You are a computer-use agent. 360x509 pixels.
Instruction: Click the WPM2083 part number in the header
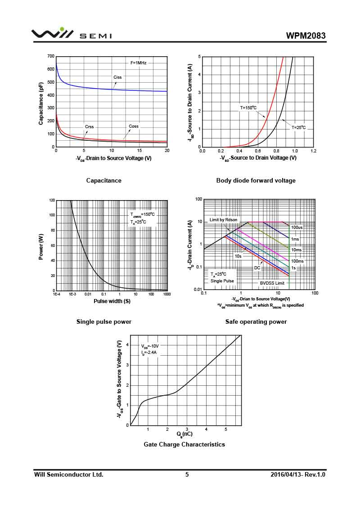click(x=306, y=36)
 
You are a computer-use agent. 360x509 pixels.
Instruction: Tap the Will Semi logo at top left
click(x=71, y=34)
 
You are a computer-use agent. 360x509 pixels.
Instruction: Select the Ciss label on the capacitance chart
click(x=117, y=77)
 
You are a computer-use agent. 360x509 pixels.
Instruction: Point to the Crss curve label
click(x=90, y=127)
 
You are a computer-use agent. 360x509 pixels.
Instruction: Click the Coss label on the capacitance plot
click(x=134, y=126)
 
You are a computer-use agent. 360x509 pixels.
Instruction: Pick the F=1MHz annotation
click(x=139, y=63)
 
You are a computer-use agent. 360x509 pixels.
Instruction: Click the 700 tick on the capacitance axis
click(x=51, y=57)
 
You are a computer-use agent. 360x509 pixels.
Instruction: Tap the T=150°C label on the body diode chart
click(x=248, y=108)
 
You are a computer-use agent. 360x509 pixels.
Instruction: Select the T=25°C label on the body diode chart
click(x=298, y=128)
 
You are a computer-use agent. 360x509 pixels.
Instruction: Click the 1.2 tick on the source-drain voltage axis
click(x=313, y=151)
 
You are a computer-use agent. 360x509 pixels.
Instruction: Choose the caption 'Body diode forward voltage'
click(x=256, y=180)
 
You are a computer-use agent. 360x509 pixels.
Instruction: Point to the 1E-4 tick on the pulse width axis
click(x=56, y=294)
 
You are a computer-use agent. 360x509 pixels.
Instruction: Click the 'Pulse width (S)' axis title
click(x=112, y=301)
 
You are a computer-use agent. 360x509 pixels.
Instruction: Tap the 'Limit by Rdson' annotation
click(x=223, y=220)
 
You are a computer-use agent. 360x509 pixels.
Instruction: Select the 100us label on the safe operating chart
click(x=297, y=228)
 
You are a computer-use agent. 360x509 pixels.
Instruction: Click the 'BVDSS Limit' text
click(x=272, y=283)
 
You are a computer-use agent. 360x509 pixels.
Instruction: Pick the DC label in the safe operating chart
click(x=257, y=268)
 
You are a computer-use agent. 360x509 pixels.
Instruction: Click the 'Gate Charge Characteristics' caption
click(x=184, y=444)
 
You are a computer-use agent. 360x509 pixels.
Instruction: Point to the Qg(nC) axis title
click(x=184, y=434)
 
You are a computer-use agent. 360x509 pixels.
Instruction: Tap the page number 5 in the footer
click(x=187, y=474)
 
